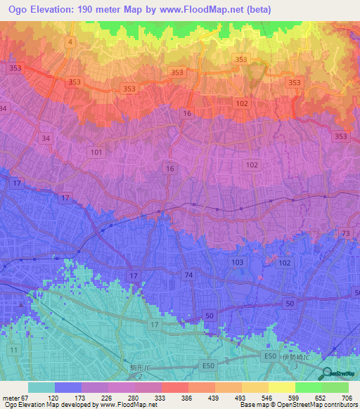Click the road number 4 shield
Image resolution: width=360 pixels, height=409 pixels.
click(71, 43)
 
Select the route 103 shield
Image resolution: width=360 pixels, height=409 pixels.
click(238, 262)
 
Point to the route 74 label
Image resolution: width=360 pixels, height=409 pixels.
click(187, 274)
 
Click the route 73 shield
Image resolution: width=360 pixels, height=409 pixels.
click(345, 233)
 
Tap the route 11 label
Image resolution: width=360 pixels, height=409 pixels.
click(13, 349)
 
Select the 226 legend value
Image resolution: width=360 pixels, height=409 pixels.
click(108, 397)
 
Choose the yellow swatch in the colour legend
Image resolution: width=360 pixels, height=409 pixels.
click(281, 387)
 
